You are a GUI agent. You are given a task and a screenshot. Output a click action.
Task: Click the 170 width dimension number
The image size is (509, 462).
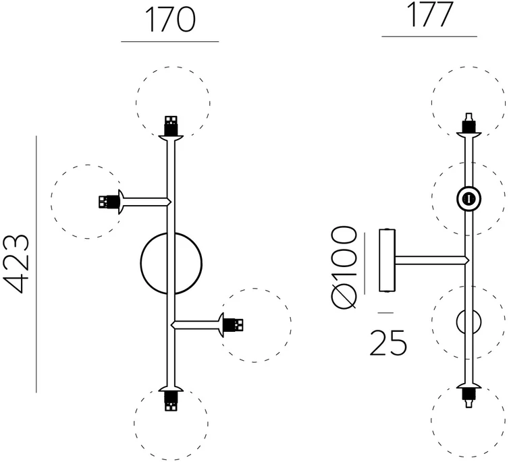click(171, 20)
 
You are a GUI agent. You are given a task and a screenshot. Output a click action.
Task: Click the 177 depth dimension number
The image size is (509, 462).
click(429, 15)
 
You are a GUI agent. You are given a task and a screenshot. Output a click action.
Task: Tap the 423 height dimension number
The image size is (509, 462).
click(17, 263)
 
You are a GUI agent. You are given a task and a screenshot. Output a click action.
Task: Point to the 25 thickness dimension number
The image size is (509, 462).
click(388, 343)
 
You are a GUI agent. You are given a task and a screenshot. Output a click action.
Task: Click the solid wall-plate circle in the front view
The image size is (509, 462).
click(141, 263)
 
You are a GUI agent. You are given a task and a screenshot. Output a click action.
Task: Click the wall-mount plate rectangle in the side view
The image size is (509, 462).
click(387, 260)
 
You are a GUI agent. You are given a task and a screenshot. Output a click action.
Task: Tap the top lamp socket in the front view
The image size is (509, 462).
click(171, 126)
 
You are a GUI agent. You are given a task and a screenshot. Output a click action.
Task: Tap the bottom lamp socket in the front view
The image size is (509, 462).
click(171, 401)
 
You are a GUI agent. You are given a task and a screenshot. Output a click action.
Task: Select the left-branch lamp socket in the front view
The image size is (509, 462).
click(109, 202)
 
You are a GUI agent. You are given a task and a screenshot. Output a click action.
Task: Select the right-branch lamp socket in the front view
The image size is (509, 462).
click(233, 325)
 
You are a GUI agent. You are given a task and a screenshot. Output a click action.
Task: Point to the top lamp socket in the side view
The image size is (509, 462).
click(468, 123)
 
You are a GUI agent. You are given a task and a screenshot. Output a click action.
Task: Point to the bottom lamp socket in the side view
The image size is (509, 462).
click(468, 397)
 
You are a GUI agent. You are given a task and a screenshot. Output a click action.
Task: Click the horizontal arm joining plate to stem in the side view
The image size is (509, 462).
click(432, 260)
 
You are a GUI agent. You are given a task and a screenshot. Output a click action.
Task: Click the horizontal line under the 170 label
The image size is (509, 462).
click(169, 42)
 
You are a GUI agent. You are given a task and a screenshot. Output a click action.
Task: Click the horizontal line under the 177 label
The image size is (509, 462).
click(429, 36)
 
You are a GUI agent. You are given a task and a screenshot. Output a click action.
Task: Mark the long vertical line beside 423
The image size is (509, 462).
click(36, 264)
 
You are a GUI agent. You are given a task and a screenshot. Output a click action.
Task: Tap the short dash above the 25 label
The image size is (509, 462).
click(385, 312)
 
